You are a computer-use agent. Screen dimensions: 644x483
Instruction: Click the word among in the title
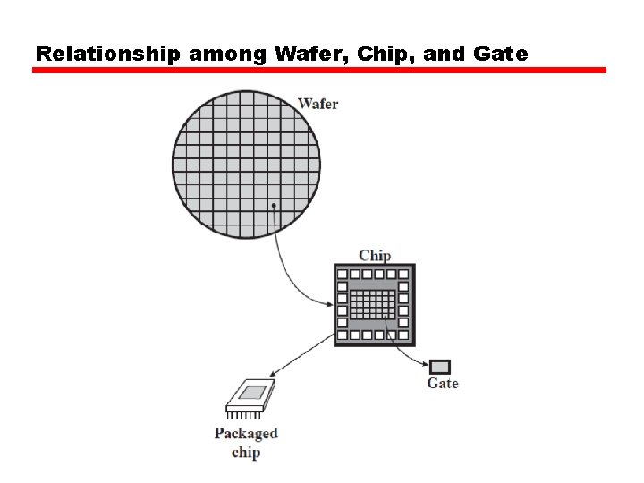point(228,54)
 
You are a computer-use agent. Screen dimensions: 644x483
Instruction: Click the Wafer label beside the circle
point(318,104)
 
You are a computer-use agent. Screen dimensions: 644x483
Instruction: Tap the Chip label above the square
point(375,256)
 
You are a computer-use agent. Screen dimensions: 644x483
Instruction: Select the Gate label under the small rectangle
point(442,384)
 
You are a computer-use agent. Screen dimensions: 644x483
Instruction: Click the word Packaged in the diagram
point(246,434)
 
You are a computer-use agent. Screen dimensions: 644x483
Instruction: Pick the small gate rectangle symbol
point(440,367)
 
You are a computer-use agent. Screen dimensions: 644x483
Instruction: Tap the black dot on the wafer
point(274,206)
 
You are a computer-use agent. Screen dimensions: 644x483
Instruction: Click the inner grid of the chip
point(372,304)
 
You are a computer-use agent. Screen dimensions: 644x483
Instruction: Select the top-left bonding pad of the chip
point(342,272)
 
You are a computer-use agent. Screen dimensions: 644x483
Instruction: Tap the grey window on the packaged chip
point(252,392)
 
